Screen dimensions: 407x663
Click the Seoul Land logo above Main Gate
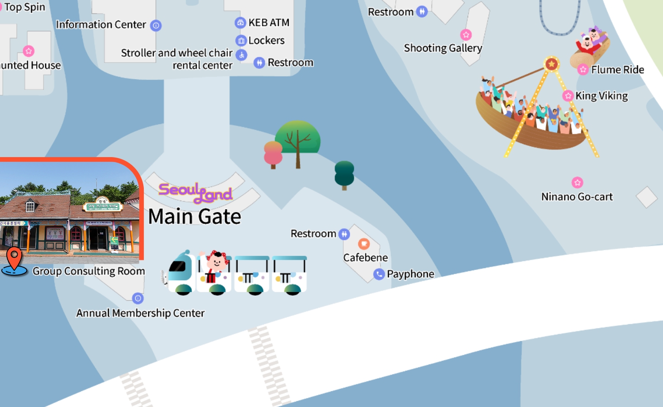click(x=195, y=192)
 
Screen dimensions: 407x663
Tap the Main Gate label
click(x=194, y=217)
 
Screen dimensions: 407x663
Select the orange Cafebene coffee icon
click(x=364, y=244)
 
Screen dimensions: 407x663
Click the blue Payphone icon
click(x=379, y=274)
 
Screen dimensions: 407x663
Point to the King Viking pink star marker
click(x=568, y=96)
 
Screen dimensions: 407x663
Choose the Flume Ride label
click(x=617, y=70)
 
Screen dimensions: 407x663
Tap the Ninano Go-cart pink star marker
click(x=578, y=182)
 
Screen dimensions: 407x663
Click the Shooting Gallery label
click(x=443, y=48)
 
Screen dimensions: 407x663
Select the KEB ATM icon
click(x=241, y=23)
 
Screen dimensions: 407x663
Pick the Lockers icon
click(x=242, y=41)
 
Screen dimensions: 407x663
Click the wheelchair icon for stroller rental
click(x=242, y=55)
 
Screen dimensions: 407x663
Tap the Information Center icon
click(x=156, y=25)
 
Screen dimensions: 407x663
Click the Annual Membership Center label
click(x=140, y=313)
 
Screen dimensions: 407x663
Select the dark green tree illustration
click(x=344, y=174)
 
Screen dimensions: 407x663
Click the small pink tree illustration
click(x=273, y=154)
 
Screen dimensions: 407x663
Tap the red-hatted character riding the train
click(x=217, y=262)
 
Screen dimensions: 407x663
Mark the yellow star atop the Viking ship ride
click(x=551, y=64)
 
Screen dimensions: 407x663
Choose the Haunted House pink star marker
click(x=28, y=51)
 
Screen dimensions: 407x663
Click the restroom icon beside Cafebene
click(x=344, y=234)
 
